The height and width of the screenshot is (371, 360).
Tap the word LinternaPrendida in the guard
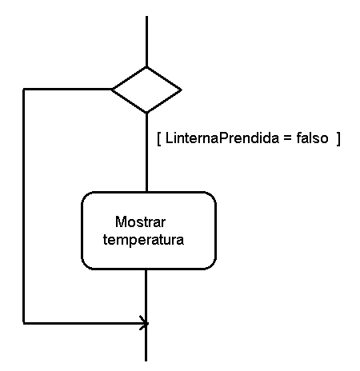[x=222, y=138]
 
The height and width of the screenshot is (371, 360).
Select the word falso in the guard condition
[x=312, y=138]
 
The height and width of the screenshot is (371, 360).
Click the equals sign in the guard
[x=287, y=138]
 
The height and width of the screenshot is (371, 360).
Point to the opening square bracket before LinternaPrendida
[x=159, y=139]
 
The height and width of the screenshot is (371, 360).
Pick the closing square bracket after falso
[x=338, y=139]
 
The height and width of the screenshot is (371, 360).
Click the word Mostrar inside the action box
[x=140, y=221]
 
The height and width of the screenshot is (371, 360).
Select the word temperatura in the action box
[x=143, y=240]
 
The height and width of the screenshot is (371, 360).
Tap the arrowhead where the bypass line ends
[x=144, y=323]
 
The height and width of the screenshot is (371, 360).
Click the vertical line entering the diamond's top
[x=146, y=42]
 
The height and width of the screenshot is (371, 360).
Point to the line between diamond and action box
[x=146, y=153]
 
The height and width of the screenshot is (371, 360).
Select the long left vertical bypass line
[x=24, y=206]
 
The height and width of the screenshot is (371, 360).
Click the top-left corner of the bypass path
[x=24, y=90]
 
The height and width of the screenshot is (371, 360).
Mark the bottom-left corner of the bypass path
[x=24, y=323]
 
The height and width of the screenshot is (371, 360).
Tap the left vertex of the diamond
[x=112, y=90]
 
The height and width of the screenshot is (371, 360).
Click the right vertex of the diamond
[x=182, y=90]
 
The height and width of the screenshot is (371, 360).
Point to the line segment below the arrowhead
[x=146, y=342]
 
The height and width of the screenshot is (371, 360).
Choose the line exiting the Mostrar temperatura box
[x=146, y=296]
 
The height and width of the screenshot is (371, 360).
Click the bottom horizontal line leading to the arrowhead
[x=84, y=323]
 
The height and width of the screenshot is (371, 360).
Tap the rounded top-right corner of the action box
[x=210, y=197]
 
